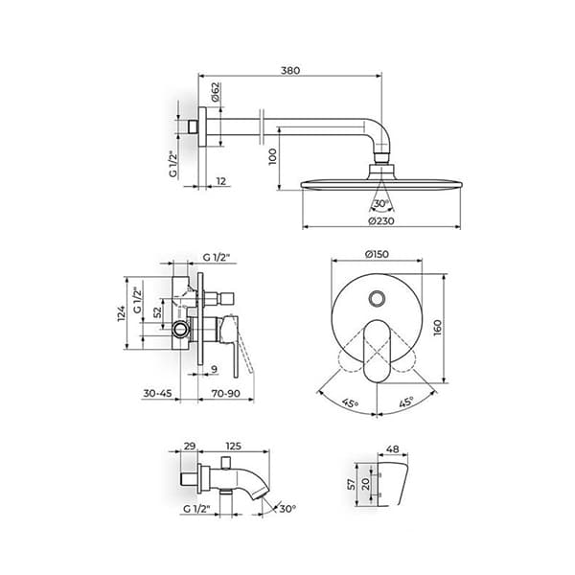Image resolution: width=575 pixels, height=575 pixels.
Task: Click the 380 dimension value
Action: click(x=290, y=70)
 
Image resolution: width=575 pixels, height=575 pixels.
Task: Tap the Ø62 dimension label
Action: click(x=216, y=92)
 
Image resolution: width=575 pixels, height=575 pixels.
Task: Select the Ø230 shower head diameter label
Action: click(x=381, y=220)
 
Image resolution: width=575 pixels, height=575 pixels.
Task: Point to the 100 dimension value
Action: click(x=272, y=156)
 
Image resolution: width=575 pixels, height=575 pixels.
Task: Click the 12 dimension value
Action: click(x=221, y=181)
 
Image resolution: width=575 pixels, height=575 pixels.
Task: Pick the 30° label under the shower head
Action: click(x=381, y=203)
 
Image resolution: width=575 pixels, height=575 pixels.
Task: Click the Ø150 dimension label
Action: click(x=377, y=254)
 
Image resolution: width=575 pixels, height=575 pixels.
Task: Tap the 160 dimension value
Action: click(x=438, y=328)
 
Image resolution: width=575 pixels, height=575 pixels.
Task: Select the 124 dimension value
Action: click(x=122, y=313)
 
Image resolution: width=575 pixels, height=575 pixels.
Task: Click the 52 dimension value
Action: click(x=157, y=312)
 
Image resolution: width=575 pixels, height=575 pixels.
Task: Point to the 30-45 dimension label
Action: click(x=157, y=393)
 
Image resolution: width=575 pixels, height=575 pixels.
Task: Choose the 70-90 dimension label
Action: click(x=226, y=393)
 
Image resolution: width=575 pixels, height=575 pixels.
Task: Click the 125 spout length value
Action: click(x=234, y=446)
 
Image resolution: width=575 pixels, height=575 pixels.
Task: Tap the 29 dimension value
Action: click(x=190, y=446)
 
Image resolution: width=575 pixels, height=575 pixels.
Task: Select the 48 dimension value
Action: click(x=393, y=448)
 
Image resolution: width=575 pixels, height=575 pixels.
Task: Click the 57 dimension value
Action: click(x=352, y=484)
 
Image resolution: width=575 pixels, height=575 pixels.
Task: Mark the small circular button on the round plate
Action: click(x=377, y=298)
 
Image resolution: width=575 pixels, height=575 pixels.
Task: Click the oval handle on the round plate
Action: click(x=377, y=352)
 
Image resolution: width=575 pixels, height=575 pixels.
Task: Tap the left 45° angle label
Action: click(x=350, y=403)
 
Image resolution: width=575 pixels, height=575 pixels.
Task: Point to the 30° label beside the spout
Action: click(x=287, y=509)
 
